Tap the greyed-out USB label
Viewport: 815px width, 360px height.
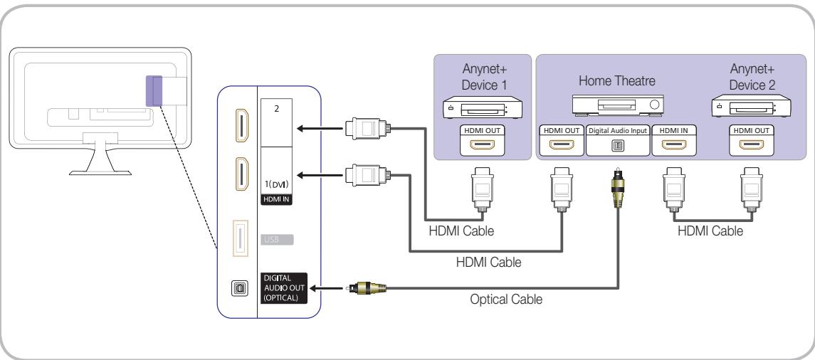[x=275, y=238]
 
